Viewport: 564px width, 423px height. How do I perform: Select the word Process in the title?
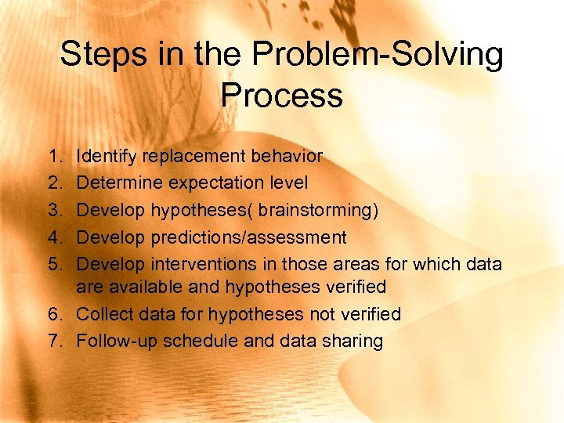(x=282, y=96)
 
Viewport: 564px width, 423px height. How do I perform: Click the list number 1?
(x=51, y=157)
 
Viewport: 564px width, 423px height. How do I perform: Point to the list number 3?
(x=51, y=210)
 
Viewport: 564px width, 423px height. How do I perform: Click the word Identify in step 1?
(x=105, y=157)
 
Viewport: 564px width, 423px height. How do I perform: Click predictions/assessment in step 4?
(x=249, y=237)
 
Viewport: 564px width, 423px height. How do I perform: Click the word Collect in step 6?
(x=104, y=314)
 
